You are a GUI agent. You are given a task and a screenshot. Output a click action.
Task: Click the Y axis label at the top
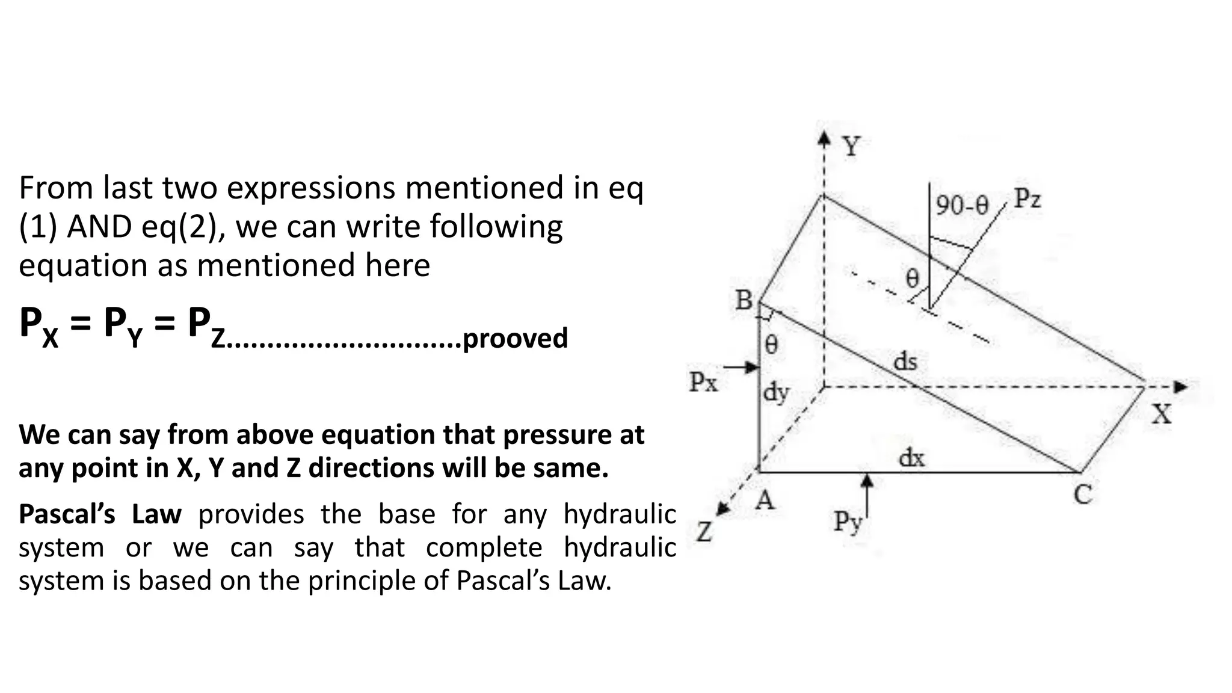(x=851, y=146)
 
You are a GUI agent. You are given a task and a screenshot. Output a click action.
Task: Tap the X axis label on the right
(x=1161, y=414)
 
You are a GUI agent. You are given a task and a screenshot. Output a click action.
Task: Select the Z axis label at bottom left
(x=704, y=532)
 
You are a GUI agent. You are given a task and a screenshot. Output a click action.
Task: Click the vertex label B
(x=744, y=300)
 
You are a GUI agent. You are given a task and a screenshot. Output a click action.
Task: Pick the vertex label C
(x=1083, y=495)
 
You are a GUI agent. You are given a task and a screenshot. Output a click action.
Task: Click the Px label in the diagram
(x=703, y=381)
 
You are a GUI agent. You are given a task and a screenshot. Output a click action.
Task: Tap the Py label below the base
(x=847, y=522)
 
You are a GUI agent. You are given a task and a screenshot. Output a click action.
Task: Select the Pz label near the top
(x=1027, y=199)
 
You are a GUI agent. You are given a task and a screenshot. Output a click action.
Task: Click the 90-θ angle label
(x=962, y=206)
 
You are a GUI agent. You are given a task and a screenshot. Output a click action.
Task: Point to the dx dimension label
(x=911, y=458)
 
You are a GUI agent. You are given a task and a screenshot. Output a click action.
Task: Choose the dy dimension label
(x=776, y=393)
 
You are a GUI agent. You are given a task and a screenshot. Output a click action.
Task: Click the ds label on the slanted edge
(x=905, y=362)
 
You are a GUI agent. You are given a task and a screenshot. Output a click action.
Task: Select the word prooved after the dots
(x=515, y=338)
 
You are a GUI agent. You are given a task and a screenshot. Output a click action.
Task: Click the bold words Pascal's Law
(x=100, y=514)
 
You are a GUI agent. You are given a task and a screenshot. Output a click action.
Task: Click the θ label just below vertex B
(x=771, y=345)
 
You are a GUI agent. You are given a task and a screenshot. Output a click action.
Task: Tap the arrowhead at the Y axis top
(x=824, y=139)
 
